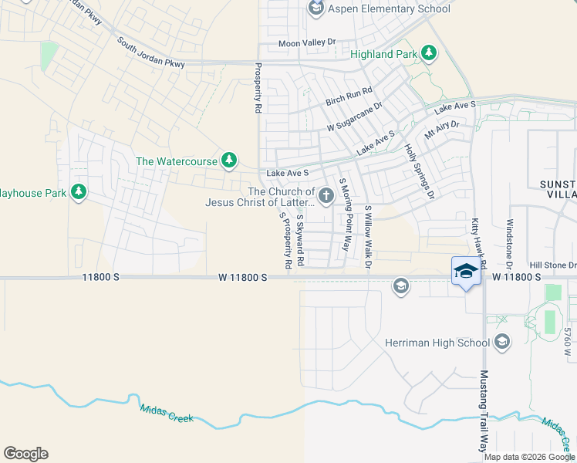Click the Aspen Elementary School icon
click(x=315, y=8)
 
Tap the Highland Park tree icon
click(x=429, y=54)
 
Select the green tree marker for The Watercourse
click(x=228, y=161)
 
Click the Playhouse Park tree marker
click(x=78, y=192)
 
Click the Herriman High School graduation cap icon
click(x=501, y=342)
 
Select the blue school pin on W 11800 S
click(x=465, y=272)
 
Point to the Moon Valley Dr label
click(x=308, y=43)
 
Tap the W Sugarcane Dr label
click(x=354, y=117)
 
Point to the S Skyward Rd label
click(x=302, y=241)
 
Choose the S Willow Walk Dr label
click(x=369, y=237)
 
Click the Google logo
click(x=25, y=454)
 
